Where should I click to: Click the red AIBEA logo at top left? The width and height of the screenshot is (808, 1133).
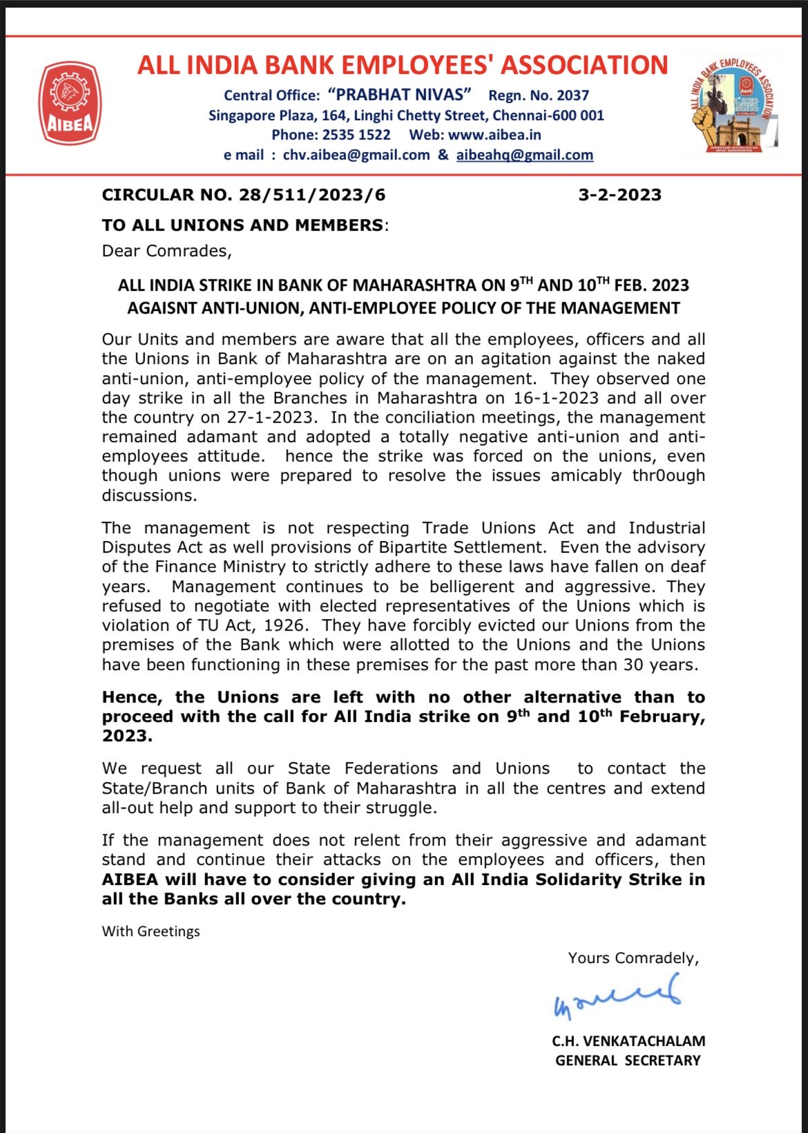[x=70, y=104]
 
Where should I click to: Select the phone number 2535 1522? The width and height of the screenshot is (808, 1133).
[x=356, y=135]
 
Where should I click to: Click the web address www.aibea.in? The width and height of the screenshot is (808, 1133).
[x=494, y=135]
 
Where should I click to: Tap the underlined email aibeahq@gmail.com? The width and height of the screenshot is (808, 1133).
[x=524, y=155]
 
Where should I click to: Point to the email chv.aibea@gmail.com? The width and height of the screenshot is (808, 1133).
[x=356, y=155]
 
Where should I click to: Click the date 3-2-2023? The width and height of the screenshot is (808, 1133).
[x=619, y=195]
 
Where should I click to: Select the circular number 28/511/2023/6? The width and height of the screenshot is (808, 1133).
[x=312, y=195]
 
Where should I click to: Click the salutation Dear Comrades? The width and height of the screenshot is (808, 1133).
[x=166, y=251]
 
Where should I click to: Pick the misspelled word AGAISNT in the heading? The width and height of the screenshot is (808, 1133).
[x=162, y=308]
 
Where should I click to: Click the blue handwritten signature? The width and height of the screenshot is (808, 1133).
[x=617, y=996]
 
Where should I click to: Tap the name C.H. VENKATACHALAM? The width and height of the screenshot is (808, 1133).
[x=628, y=1041]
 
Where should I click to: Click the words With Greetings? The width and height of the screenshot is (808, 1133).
[x=151, y=931]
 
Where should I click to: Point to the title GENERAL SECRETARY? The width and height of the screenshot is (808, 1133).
[x=628, y=1060]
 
